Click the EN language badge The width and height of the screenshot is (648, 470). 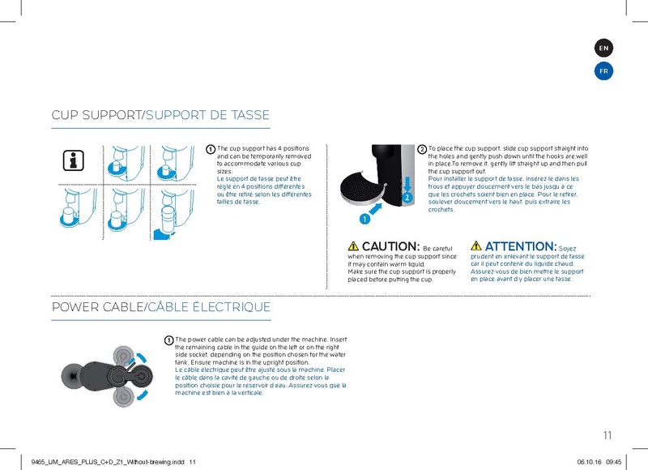click(x=603, y=49)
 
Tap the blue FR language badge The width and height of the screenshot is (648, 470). click(x=603, y=71)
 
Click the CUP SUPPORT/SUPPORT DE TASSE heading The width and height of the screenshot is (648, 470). click(x=160, y=115)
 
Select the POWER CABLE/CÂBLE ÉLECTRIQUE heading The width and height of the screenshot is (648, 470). click(x=160, y=308)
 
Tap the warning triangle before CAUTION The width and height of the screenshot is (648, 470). click(x=353, y=246)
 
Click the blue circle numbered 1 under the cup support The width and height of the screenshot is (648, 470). click(x=365, y=218)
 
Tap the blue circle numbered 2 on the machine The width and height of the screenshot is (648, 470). click(x=406, y=197)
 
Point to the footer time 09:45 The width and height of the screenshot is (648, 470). click(x=613, y=461)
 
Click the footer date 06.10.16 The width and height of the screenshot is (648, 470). click(x=588, y=461)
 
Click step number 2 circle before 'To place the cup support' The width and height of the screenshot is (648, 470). click(x=422, y=150)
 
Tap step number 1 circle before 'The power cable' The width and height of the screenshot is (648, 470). click(x=168, y=340)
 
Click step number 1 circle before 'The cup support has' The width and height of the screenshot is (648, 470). click(x=211, y=150)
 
